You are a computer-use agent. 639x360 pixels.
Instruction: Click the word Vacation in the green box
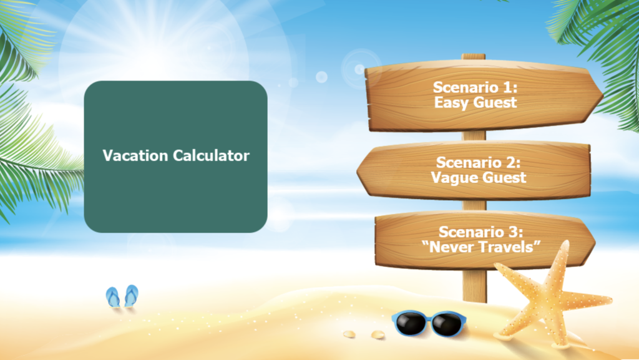[x=135, y=155]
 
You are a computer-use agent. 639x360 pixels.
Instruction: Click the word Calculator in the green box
[x=211, y=155]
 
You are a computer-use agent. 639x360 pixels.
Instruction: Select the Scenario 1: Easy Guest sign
[x=484, y=96]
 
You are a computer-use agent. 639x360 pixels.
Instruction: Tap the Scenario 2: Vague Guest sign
[x=474, y=170]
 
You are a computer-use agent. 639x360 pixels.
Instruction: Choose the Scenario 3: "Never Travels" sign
[x=485, y=240]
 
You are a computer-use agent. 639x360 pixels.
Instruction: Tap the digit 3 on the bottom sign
[x=514, y=231]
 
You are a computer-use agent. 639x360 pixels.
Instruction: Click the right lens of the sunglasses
[x=447, y=324]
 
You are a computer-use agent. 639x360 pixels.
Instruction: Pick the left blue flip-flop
[x=113, y=297]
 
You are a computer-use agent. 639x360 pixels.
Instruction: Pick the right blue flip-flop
[x=131, y=295]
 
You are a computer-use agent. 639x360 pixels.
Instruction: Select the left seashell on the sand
[x=349, y=334]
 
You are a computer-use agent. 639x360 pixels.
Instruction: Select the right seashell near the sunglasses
[x=378, y=334]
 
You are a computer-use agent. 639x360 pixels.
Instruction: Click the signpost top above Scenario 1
[x=473, y=57]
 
